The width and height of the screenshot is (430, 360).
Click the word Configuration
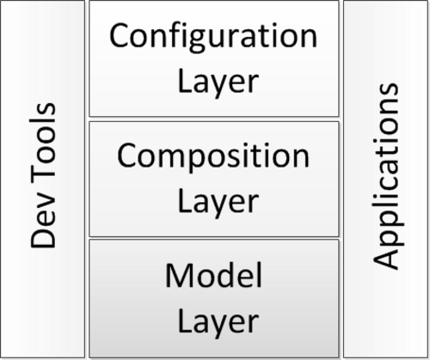point(213,37)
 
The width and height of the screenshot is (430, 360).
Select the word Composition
point(213,157)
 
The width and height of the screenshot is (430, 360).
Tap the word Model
point(213,275)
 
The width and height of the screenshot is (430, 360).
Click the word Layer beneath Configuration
point(218,82)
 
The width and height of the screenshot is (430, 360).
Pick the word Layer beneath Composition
point(218,203)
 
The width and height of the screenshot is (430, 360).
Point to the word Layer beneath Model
point(218,322)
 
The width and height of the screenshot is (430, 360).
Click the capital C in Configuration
point(120,35)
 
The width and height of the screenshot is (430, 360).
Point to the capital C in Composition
point(127,156)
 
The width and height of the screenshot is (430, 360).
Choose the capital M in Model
point(179,275)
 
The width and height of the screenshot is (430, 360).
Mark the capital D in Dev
point(43,236)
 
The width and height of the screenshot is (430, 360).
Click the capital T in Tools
point(43,180)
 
